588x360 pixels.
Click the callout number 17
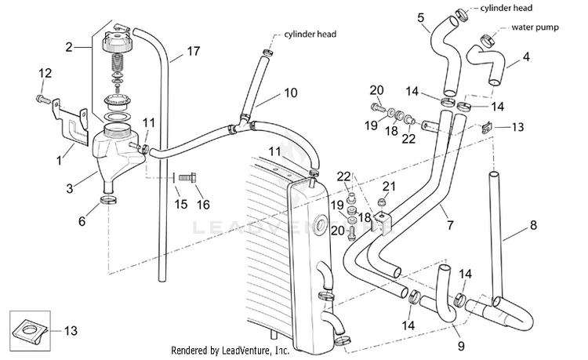[194, 51]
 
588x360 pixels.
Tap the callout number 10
[291, 93]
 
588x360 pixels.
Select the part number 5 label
[420, 17]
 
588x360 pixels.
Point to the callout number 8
[533, 225]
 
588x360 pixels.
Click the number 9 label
[461, 345]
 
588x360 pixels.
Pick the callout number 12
[45, 73]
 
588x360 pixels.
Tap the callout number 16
[203, 205]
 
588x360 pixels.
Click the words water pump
[535, 27]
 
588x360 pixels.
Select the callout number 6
[82, 221]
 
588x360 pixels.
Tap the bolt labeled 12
[42, 100]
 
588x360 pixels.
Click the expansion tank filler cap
[115, 42]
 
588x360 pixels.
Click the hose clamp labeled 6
[108, 199]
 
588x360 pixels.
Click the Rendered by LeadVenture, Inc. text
[230, 351]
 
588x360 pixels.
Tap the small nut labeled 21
[382, 202]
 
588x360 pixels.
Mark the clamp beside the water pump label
[487, 40]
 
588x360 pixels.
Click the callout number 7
[450, 224]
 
